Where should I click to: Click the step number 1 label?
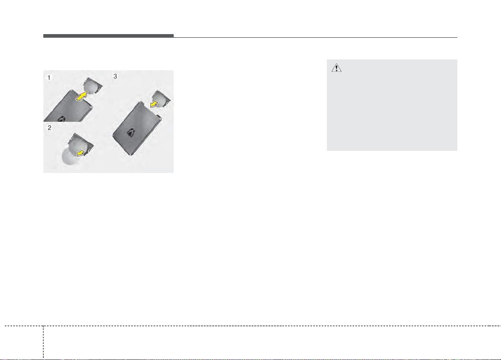[x=49, y=77]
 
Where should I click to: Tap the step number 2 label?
[x=49, y=128]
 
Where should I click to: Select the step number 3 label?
[x=115, y=76]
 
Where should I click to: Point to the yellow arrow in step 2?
[x=81, y=153]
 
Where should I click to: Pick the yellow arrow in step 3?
[x=154, y=104]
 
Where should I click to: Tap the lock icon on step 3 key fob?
[x=131, y=132]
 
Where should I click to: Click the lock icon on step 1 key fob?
[x=61, y=119]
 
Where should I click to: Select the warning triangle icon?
[x=337, y=68]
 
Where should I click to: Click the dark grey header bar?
[x=108, y=36]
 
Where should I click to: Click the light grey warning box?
[x=392, y=105]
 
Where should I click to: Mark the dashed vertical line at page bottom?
[x=43, y=342]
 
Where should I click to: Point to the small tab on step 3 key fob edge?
[x=159, y=116]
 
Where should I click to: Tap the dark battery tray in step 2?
[x=81, y=144]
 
